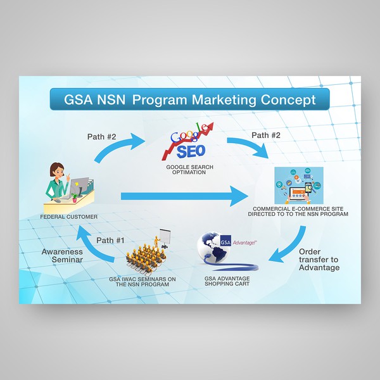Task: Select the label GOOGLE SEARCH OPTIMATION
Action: pyautogui.click(x=186, y=170)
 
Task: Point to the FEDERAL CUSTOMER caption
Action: pyautogui.click(x=68, y=217)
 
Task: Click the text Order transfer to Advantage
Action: pyautogui.click(x=319, y=259)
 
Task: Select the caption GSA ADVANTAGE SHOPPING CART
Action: pyautogui.click(x=227, y=281)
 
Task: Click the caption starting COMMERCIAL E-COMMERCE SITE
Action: pyautogui.click(x=301, y=212)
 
